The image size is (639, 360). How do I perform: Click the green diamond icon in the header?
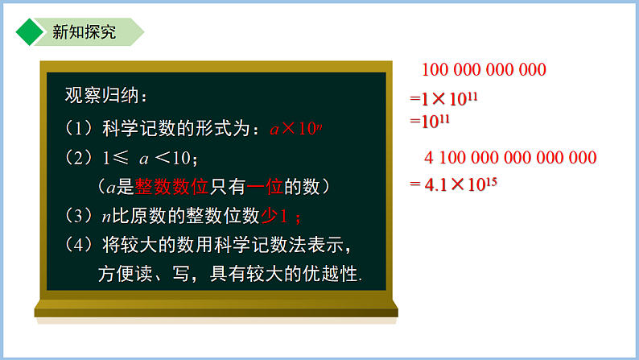29,32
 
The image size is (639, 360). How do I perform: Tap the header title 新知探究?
84,32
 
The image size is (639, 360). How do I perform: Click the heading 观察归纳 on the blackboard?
105,96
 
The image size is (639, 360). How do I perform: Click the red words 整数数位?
171,187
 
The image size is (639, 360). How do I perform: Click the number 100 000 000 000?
483,70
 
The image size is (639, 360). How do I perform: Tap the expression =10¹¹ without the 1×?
430,122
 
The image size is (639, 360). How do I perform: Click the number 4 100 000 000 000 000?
509,158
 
